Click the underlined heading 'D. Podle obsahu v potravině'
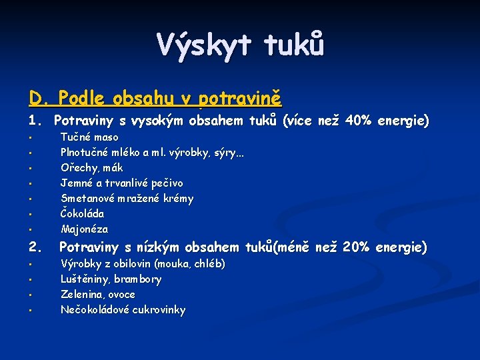(x=155, y=99)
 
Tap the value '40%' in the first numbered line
(x=360, y=121)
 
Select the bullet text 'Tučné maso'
(x=89, y=137)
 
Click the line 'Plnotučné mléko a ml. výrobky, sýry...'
(x=152, y=153)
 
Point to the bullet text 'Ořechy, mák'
(x=91, y=168)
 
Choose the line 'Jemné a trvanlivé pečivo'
(x=121, y=183)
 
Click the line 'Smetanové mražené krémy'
(x=127, y=198)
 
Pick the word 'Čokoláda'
(x=82, y=213)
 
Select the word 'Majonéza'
(x=84, y=229)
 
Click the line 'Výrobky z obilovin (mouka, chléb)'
(x=143, y=264)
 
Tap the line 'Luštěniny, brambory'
(x=111, y=279)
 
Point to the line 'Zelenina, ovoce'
(x=97, y=294)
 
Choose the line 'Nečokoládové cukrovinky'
(x=123, y=309)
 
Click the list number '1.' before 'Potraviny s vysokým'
(x=36, y=121)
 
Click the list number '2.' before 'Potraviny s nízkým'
(x=36, y=247)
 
